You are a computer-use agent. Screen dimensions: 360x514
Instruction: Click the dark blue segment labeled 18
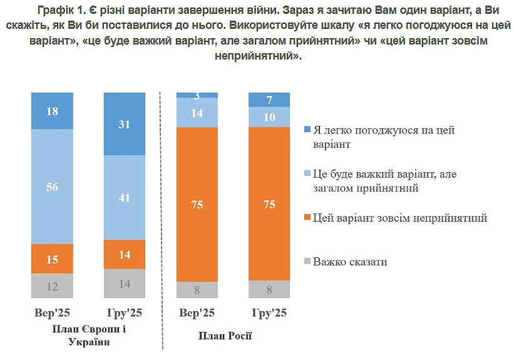pos(53,110)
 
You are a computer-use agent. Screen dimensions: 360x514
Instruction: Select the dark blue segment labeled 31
pos(124,123)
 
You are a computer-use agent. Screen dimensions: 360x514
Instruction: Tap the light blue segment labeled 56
pos(53,186)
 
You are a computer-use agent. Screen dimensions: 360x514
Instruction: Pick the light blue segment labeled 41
pos(124,197)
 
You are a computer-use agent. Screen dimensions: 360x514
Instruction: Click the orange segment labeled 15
pos(53,259)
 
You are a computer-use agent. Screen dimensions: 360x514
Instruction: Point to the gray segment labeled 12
pos(53,286)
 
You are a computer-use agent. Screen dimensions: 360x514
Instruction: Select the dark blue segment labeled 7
pos(269,100)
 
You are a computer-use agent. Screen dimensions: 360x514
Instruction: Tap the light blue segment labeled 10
pos(269,117)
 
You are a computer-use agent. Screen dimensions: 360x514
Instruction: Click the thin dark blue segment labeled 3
pos(197,95)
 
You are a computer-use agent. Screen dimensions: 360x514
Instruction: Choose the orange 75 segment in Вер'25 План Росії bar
pos(197,204)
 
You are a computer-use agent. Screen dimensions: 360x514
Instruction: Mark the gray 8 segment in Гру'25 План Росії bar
pos(269,289)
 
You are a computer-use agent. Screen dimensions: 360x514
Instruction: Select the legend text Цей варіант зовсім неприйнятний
pos(400,218)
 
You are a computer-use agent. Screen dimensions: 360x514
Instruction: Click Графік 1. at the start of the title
pos(62,11)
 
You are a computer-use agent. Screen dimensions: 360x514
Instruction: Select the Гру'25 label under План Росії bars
pos(269,313)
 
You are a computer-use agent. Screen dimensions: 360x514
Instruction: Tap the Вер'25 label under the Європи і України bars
pos(52,313)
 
